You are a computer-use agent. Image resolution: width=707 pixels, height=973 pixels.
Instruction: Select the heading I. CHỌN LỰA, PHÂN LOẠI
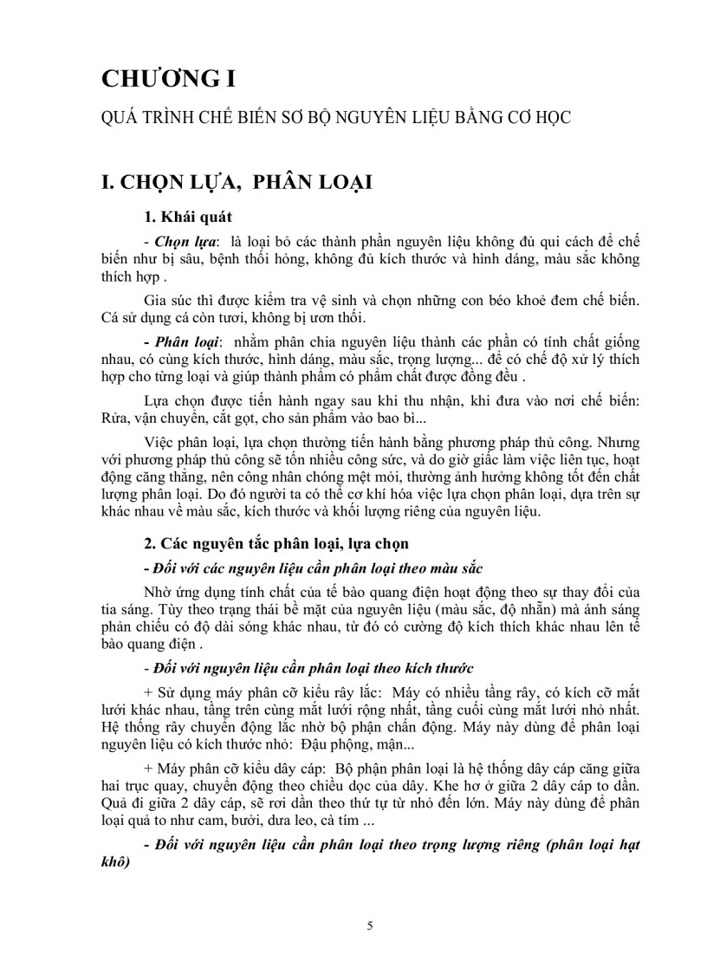point(237,183)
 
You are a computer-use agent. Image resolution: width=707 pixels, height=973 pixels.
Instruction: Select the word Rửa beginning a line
point(116,418)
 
